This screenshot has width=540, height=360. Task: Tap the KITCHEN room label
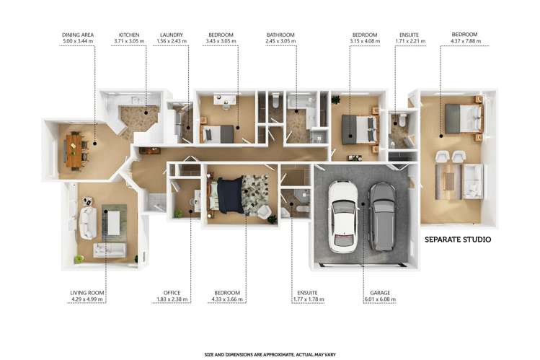129,35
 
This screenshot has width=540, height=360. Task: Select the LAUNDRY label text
170,35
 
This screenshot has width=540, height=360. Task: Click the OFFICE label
172,293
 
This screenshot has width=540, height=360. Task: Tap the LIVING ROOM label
88,293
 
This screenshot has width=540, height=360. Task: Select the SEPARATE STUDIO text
458,239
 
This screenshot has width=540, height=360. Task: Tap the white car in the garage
342,215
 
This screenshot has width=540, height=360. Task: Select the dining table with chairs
75,149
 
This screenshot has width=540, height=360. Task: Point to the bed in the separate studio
463,118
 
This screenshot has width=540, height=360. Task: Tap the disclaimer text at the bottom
270,354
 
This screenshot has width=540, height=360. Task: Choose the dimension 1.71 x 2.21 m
412,41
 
